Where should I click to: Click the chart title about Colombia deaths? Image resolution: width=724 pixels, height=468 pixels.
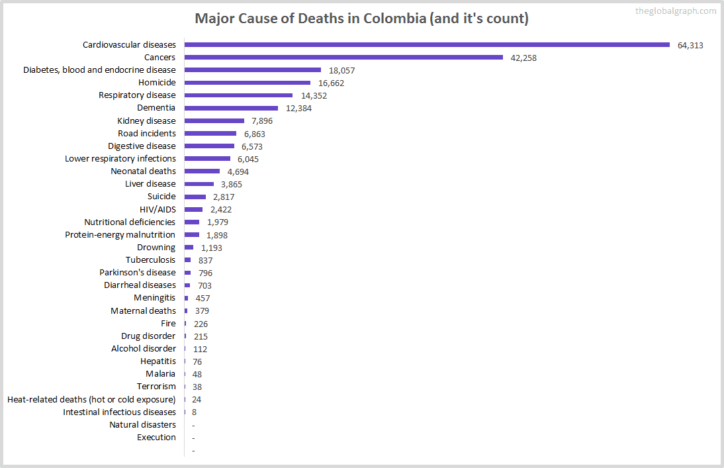(x=361, y=18)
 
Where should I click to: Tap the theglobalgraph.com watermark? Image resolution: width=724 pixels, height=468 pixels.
(x=675, y=11)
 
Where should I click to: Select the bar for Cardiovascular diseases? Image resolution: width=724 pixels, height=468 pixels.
(x=427, y=44)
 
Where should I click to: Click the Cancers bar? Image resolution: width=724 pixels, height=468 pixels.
(x=343, y=57)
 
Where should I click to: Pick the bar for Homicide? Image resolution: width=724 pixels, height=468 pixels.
(x=247, y=83)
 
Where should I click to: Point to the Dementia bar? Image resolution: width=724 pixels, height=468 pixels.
(x=231, y=108)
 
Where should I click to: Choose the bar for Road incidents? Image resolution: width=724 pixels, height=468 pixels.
(x=210, y=133)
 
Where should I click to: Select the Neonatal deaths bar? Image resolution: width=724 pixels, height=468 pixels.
(x=202, y=171)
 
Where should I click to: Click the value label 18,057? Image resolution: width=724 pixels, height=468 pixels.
(x=343, y=70)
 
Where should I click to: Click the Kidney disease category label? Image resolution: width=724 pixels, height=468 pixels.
(x=146, y=120)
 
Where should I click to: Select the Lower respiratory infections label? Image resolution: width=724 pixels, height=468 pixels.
(x=120, y=158)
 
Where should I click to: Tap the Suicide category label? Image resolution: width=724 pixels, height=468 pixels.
(x=161, y=196)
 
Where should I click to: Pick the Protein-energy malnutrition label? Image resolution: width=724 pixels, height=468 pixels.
(x=120, y=234)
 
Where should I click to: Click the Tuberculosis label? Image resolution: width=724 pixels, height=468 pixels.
(x=151, y=259)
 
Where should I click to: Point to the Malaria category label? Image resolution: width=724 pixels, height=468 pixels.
(x=160, y=373)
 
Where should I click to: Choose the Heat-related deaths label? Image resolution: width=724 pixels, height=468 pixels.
(x=91, y=399)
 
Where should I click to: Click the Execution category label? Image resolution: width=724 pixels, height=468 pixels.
(x=156, y=437)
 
